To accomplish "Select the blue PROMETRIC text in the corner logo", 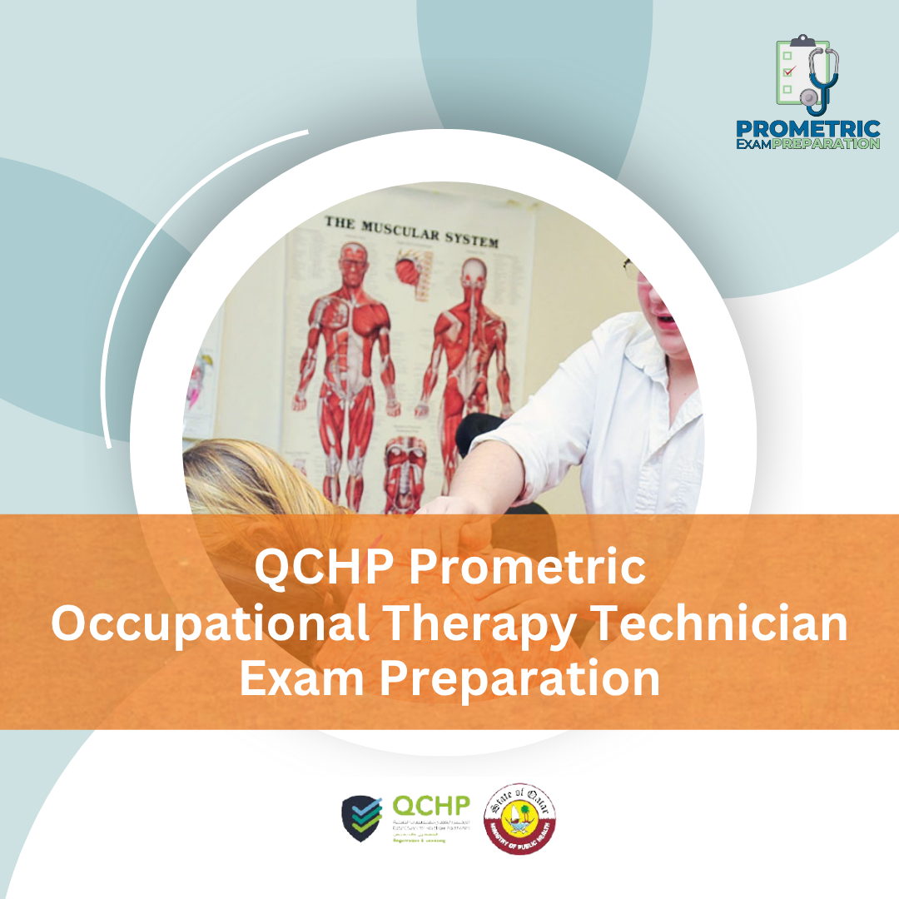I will coord(807,130).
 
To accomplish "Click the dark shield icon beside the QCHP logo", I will coord(363,817).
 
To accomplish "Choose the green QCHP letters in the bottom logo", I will coord(430,805).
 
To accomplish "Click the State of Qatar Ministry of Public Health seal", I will coord(521,817).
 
